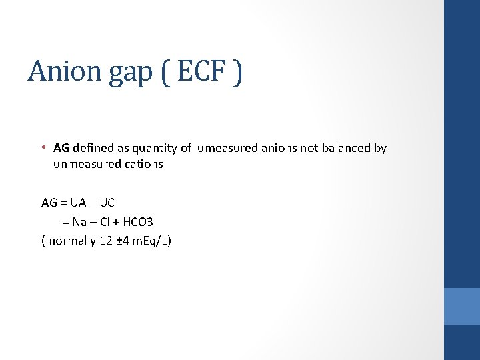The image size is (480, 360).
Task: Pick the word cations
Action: coord(144,164)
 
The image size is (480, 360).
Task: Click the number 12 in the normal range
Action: coord(105,241)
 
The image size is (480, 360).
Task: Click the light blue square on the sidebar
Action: coord(462,306)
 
